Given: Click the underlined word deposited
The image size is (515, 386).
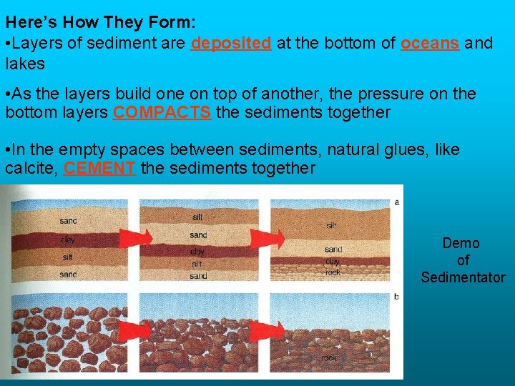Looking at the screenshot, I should point(231,43).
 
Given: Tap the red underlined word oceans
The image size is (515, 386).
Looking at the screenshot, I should point(430,43).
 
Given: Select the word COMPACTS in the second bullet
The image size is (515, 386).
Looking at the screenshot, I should point(162,113).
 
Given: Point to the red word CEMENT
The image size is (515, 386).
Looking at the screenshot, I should point(100,169).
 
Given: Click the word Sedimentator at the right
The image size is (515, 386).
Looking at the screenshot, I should point(463,278).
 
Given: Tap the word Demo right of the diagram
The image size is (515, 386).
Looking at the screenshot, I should point(461,244).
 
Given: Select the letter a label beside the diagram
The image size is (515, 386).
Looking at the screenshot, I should point(397,202).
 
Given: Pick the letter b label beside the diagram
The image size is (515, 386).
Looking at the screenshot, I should point(397,295).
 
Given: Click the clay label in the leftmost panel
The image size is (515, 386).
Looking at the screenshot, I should point(68,239).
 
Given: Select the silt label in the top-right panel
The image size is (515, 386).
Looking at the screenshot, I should point(332,225).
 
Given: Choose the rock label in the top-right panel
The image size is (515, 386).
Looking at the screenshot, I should point(333,272).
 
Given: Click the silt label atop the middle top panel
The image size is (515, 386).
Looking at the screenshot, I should point(197,217).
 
